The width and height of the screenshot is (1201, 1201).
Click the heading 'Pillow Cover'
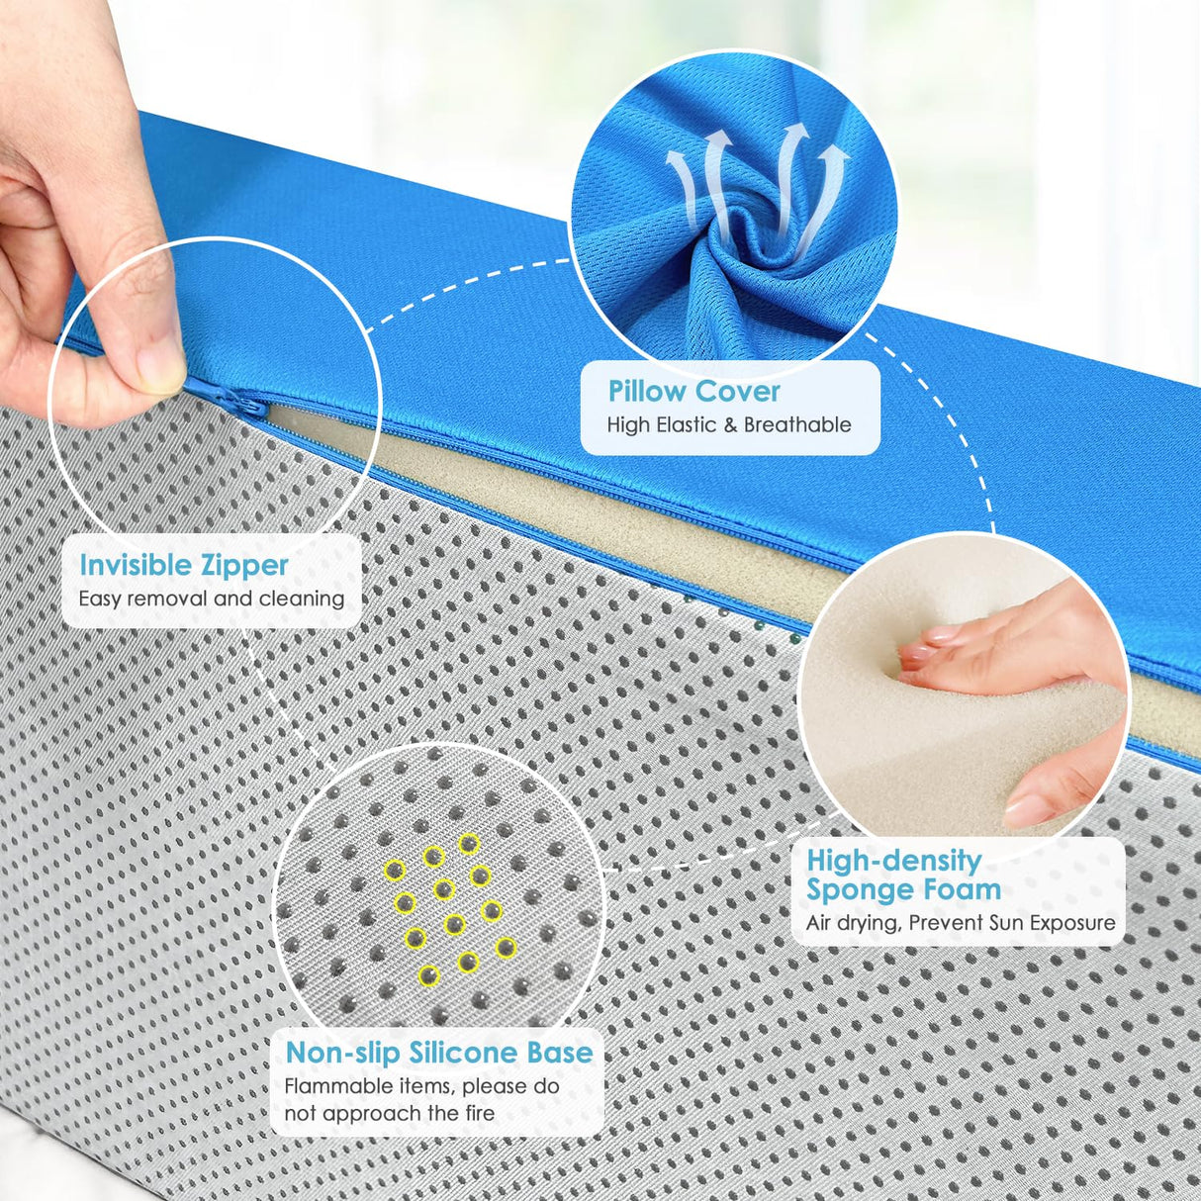(x=693, y=392)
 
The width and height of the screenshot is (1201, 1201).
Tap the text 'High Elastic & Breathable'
(x=729, y=425)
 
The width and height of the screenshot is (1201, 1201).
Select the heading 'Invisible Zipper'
(x=184, y=565)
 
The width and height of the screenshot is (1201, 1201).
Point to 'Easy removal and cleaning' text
(x=212, y=599)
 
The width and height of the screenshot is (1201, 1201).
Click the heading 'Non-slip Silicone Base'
(x=439, y=1053)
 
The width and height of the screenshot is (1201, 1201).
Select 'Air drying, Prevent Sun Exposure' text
(x=960, y=923)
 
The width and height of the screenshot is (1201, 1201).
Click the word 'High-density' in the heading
(x=893, y=861)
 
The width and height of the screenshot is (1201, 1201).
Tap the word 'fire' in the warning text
(x=479, y=1113)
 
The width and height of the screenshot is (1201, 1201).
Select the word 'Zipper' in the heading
(x=243, y=565)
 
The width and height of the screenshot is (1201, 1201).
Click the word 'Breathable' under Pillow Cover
(x=797, y=425)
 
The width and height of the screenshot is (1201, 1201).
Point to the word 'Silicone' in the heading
(x=464, y=1053)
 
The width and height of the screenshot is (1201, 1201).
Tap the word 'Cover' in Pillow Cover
(x=737, y=392)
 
